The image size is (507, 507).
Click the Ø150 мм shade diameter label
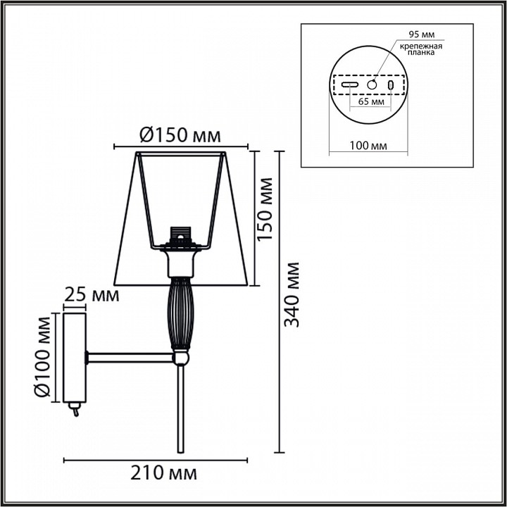(180, 134)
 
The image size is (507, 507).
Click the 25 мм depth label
(92, 295)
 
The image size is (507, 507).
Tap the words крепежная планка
(420, 49)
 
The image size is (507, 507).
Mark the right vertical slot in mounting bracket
(391, 84)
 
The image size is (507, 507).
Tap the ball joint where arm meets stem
(182, 359)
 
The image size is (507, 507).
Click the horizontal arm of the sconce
(130, 359)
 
